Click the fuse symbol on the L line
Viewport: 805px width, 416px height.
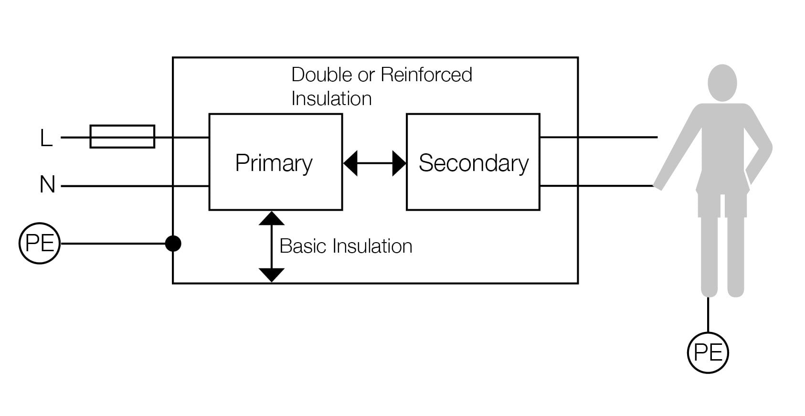[x=122, y=137]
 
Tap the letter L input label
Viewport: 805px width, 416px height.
[x=46, y=139]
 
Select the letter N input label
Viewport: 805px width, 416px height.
[x=47, y=185]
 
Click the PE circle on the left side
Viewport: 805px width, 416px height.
[x=40, y=243]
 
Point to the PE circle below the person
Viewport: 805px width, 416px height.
[x=708, y=352]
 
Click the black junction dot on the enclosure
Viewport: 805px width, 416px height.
[x=173, y=244]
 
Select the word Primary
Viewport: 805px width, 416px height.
[x=274, y=163]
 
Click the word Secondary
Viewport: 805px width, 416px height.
[x=473, y=163]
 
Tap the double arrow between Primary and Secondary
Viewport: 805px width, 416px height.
[x=375, y=163]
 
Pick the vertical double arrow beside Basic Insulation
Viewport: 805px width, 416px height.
[x=272, y=246]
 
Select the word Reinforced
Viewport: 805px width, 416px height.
[x=426, y=75]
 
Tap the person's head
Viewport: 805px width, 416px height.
[x=722, y=83]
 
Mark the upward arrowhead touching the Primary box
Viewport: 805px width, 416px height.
[x=272, y=218]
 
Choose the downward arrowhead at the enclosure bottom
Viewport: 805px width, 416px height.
[x=272, y=275]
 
